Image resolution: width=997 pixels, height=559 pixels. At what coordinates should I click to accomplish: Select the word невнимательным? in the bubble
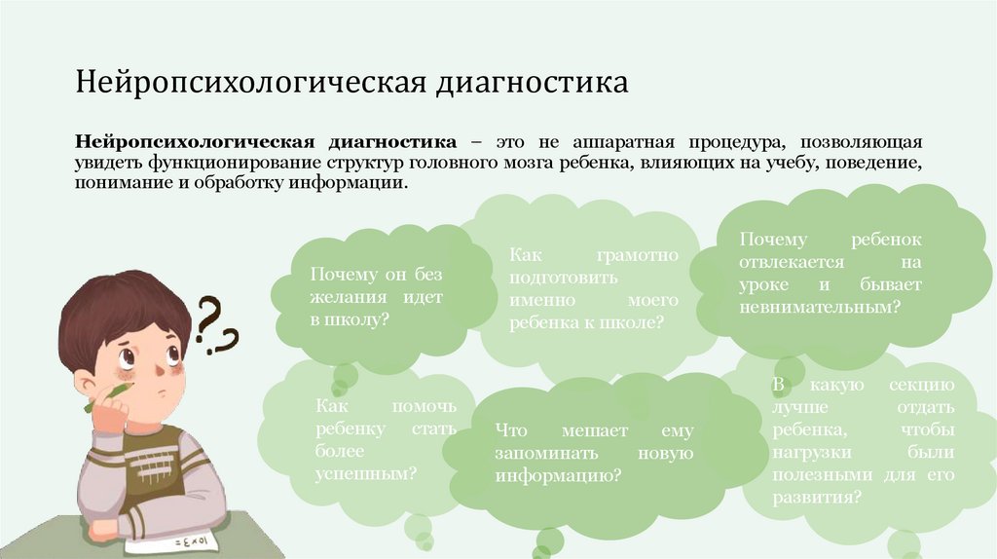(x=818, y=307)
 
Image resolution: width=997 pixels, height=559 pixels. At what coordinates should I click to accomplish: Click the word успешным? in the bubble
(x=366, y=473)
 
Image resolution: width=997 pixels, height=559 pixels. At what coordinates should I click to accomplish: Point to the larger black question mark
(x=208, y=319)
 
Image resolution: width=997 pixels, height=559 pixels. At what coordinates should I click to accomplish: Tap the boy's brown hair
(x=117, y=310)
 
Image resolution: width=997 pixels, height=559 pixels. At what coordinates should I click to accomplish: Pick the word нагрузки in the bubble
(x=814, y=452)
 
